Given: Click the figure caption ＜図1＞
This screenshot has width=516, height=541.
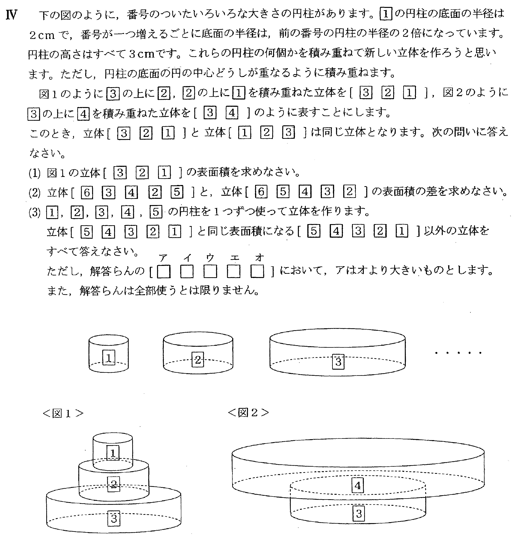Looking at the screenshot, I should coord(63,413).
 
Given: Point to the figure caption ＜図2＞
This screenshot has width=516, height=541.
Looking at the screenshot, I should coord(248,413).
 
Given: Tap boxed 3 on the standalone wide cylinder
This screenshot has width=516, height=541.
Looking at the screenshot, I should coord(338,362).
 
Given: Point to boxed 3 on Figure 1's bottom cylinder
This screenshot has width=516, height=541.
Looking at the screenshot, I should coord(114,518).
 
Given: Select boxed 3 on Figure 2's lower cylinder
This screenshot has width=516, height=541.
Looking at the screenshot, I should coord(358,513).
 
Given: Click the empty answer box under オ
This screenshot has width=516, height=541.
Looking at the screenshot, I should coord(257,272).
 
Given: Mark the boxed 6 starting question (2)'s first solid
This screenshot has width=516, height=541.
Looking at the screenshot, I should coord(87,193).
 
